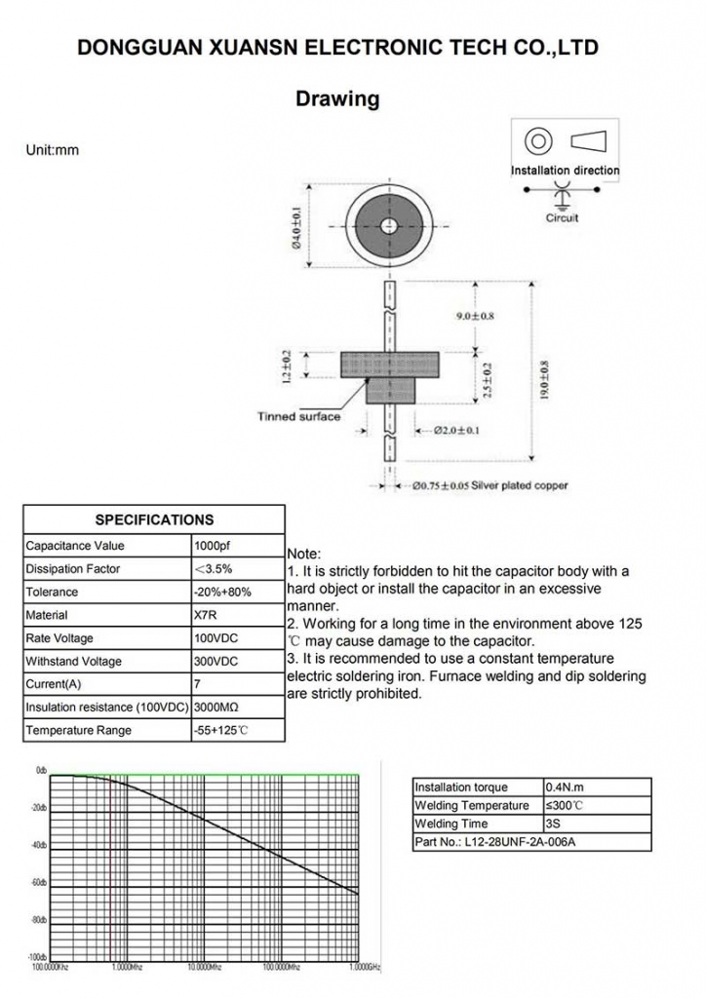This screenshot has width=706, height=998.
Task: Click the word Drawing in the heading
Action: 336,99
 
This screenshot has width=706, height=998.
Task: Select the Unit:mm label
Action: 52,150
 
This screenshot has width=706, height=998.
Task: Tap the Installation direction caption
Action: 565,171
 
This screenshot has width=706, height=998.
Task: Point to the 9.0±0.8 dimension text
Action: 476,317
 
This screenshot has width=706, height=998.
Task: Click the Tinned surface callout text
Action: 298,417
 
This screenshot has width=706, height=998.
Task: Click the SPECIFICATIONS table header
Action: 154,519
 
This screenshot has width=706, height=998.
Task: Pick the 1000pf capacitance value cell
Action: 215,546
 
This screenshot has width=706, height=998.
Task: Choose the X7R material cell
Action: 206,615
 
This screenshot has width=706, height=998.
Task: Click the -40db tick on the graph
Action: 39,845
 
